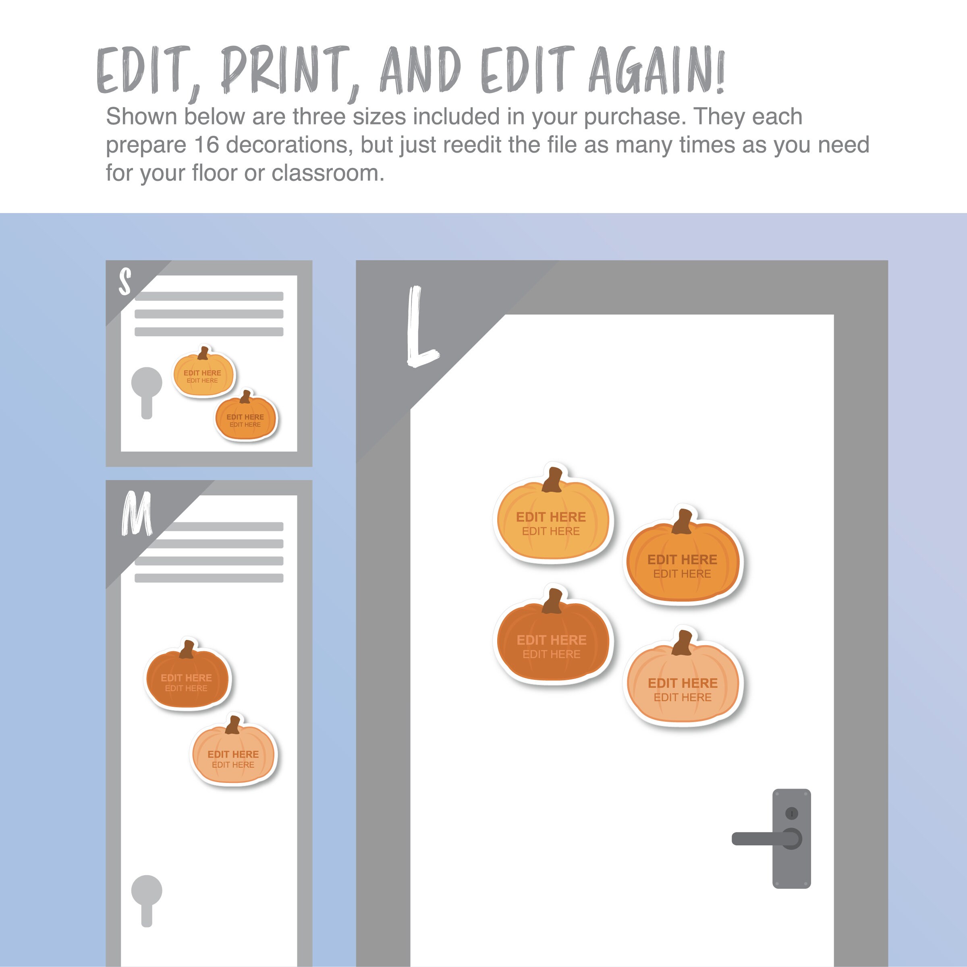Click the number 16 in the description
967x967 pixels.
click(206, 145)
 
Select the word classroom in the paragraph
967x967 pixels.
click(328, 173)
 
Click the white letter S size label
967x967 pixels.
click(125, 281)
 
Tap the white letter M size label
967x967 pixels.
click(136, 514)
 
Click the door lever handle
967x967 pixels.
click(761, 839)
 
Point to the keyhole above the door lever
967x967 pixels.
click(791, 813)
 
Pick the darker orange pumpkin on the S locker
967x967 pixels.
click(245, 418)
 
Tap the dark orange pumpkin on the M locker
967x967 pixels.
click(187, 678)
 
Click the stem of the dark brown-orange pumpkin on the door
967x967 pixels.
click(553, 600)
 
